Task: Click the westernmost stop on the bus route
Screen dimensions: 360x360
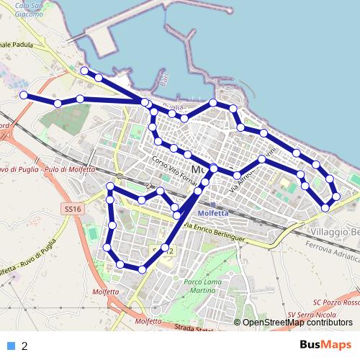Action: click(x=24, y=95)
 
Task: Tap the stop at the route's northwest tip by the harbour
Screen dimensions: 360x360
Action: click(x=84, y=71)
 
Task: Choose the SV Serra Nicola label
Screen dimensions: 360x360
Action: click(x=311, y=315)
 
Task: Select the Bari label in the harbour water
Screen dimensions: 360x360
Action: click(x=163, y=81)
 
